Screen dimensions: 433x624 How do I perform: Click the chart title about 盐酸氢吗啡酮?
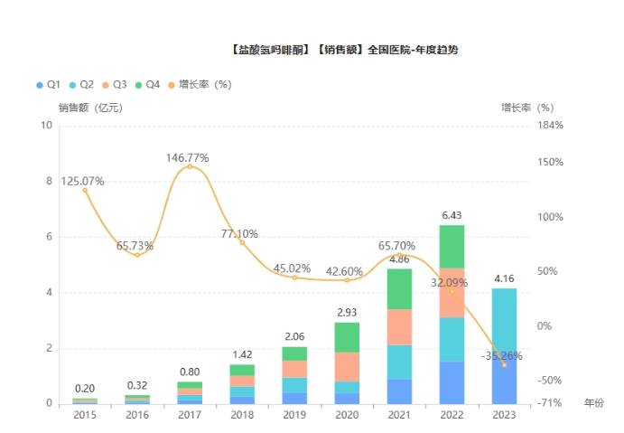point(344,50)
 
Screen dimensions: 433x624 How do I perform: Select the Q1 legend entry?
point(48,84)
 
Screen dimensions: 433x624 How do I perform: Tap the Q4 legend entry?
point(147,84)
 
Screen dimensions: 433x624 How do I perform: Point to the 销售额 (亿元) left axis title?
point(90,108)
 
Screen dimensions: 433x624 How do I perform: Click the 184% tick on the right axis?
point(550,126)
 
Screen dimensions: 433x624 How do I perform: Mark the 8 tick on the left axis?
point(48,182)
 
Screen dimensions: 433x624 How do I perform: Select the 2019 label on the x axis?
point(293,415)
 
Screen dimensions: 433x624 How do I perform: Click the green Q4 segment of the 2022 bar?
point(452,247)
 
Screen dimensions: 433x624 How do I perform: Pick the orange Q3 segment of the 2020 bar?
point(346,366)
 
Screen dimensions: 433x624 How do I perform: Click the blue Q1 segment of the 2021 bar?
point(399,391)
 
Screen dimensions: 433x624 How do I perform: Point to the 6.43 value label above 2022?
point(452,215)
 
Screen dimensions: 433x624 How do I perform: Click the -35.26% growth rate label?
point(505,355)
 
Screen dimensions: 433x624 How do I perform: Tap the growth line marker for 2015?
point(85,190)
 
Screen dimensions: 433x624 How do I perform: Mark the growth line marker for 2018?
point(242,242)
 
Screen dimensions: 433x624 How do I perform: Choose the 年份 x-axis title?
point(593,402)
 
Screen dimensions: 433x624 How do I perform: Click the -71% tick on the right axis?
point(550,403)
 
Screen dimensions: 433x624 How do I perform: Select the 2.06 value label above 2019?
point(294,336)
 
